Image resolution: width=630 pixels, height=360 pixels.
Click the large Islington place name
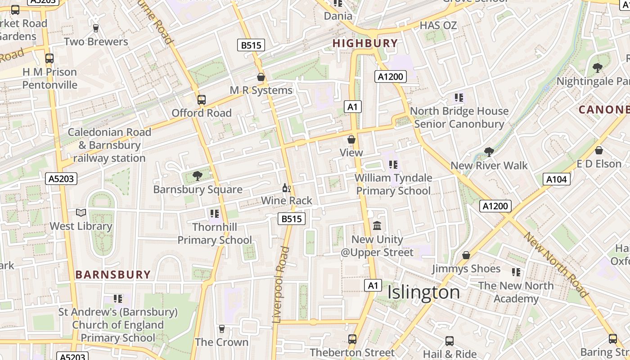(x=423, y=292)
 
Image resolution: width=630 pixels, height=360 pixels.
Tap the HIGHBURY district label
(x=365, y=44)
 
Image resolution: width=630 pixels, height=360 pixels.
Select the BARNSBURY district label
(x=113, y=274)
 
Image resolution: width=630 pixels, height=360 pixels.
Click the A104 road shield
(x=556, y=180)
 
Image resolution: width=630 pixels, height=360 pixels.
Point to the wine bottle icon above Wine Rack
(x=286, y=188)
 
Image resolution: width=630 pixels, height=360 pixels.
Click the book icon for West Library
(x=81, y=212)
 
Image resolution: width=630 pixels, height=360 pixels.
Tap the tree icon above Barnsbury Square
(x=197, y=175)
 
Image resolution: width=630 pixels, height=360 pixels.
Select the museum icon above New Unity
(x=377, y=225)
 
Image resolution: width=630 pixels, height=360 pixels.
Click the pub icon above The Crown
(x=221, y=329)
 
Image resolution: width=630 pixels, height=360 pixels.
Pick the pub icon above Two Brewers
(x=95, y=28)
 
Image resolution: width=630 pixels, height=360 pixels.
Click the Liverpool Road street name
(x=280, y=284)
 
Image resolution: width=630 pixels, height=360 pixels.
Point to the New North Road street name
(x=556, y=265)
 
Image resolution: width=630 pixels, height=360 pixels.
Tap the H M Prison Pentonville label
(x=49, y=78)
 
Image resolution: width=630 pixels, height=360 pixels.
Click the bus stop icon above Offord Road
(x=202, y=99)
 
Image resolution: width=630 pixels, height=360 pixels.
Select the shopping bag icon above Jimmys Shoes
(x=466, y=255)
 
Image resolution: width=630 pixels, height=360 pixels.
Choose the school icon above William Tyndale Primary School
(x=393, y=165)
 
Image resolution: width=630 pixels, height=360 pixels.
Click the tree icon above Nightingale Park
(x=598, y=68)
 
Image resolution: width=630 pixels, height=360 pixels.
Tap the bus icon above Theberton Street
(x=352, y=339)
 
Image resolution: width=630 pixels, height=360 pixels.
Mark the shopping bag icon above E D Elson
(x=599, y=150)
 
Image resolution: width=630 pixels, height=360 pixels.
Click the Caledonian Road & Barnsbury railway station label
(x=109, y=145)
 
